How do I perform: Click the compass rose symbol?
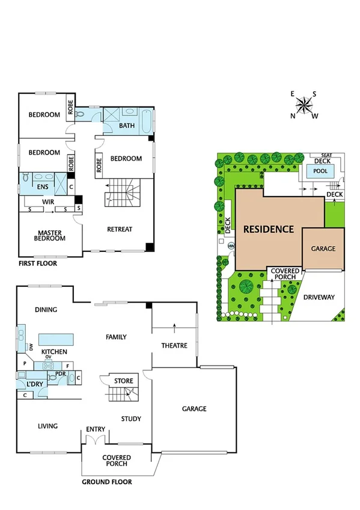[305, 105]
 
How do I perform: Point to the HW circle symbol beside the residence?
[231, 245]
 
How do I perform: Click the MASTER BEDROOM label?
[51, 235]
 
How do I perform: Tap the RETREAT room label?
[120, 229]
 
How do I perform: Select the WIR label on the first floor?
[48, 202]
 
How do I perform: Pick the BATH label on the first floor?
[127, 126]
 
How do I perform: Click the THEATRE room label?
[174, 346]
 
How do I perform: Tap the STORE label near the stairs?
[124, 380]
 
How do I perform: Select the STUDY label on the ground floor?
[130, 419]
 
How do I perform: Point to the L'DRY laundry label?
[33, 384]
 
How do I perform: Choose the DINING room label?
[46, 310]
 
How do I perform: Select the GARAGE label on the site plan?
[323, 248]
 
